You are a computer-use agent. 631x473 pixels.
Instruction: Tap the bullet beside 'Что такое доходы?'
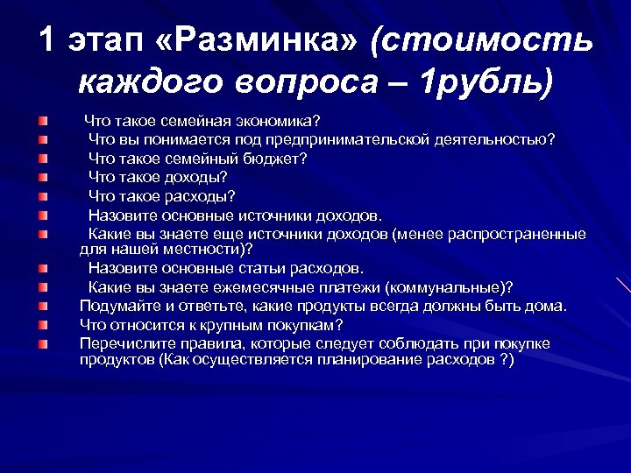[43, 178]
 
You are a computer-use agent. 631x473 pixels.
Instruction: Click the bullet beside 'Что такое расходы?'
[43, 197]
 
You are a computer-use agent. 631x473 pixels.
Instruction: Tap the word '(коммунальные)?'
[452, 287]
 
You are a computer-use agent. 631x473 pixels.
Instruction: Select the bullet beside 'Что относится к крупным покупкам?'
[43, 325]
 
